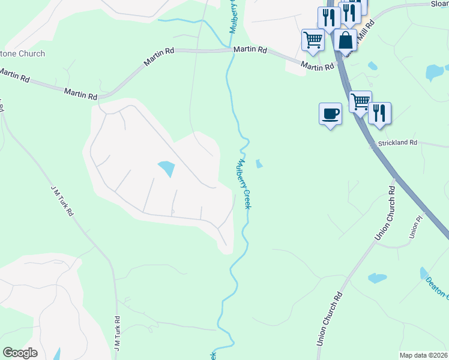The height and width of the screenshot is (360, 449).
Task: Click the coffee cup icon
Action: [x=330, y=113]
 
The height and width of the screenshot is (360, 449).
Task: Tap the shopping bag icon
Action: [x=345, y=41]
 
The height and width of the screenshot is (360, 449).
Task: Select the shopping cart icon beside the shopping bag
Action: [x=313, y=40]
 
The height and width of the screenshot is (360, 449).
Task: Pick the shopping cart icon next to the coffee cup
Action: [x=360, y=101]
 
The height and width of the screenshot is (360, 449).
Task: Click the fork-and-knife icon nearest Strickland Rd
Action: [x=379, y=113]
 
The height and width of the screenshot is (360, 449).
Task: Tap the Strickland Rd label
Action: [x=397, y=143]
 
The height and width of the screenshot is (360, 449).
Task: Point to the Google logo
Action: [x=20, y=353]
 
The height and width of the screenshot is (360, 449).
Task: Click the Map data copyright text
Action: [x=424, y=355]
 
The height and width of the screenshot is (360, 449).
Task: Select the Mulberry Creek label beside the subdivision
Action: [x=244, y=183]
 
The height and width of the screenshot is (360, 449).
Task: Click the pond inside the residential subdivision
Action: [x=166, y=169]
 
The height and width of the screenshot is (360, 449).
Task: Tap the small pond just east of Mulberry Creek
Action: [x=259, y=163]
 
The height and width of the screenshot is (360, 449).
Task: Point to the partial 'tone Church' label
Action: [x=22, y=54]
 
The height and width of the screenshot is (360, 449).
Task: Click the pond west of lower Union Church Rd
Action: [x=377, y=278]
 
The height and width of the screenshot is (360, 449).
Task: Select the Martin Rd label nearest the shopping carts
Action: [x=317, y=67]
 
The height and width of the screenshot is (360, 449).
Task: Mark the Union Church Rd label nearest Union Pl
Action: [x=384, y=213]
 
